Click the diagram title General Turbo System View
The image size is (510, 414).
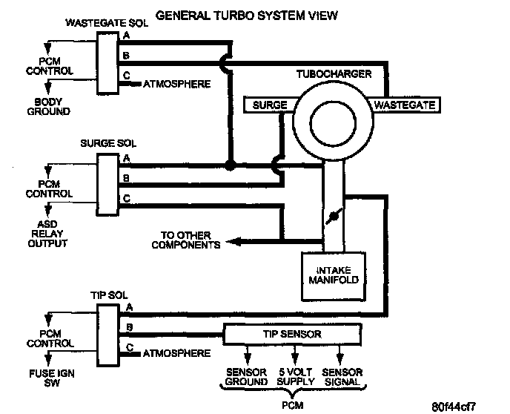pos(247,16)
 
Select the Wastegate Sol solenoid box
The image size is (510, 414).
pos(107,63)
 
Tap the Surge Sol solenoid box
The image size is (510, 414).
pos(107,185)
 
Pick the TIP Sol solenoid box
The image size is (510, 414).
pos(108,335)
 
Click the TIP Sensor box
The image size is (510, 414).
pos(292,334)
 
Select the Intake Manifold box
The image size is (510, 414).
pos(334,276)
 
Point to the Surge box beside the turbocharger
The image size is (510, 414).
pos(270,105)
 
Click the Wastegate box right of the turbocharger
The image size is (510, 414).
pos(405,105)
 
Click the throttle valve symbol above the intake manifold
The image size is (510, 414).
pos(334,216)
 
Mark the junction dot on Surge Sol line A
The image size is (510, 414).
pos(230,165)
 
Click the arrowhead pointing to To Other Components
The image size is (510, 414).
pos(233,242)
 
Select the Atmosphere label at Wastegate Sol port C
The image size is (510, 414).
pos(176,84)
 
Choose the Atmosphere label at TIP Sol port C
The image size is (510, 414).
pos(176,353)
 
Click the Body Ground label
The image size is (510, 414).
pos(48,106)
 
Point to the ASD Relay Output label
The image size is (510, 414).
pos(47,234)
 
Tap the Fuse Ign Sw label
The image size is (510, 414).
pos(52,378)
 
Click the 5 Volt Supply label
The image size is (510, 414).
pos(296,377)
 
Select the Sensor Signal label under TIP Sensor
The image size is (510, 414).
pos(342,377)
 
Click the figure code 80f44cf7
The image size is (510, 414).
pos(454,407)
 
